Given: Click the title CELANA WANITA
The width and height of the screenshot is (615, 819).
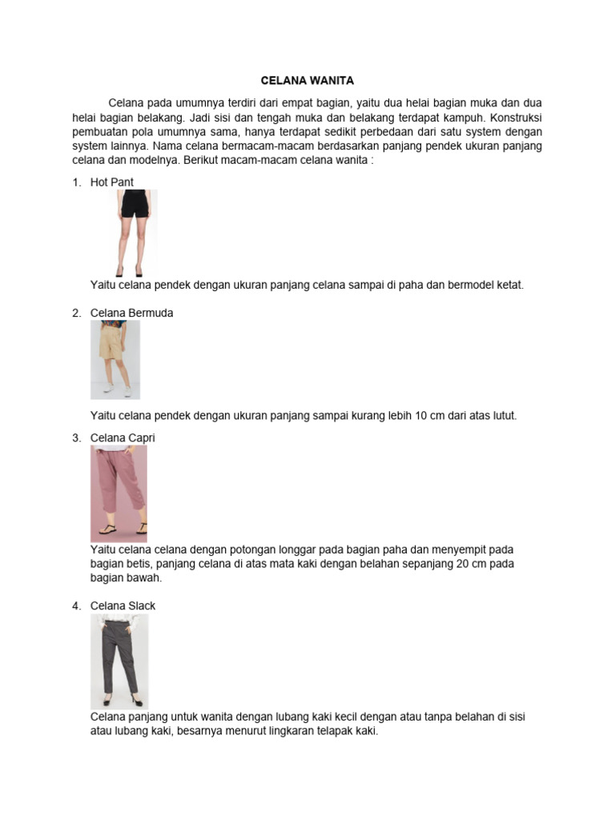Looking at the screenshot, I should [307, 81].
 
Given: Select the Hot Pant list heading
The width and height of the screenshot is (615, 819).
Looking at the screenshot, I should [112, 182].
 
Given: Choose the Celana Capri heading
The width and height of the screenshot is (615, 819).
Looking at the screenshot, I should [123, 438].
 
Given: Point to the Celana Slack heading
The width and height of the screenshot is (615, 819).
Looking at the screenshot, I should [123, 605].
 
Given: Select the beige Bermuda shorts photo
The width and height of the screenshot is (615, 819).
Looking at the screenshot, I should [115, 359].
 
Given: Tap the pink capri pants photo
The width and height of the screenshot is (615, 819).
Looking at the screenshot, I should [119, 493].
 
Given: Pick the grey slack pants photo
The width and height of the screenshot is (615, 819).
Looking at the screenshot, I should [119, 661].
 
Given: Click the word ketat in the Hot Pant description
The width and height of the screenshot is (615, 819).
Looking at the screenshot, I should [508, 286].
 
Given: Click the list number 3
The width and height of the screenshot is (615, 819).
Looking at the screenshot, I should [77, 438].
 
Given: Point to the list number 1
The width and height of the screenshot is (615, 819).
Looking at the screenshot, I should [77, 182].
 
